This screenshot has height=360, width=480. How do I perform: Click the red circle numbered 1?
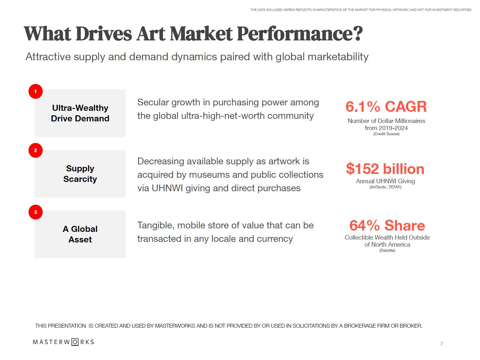click(36, 92)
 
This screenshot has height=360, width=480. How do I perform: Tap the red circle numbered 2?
click(36, 150)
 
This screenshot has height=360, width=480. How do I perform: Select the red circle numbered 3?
click(36, 212)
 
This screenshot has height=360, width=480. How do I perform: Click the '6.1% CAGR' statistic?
click(386, 107)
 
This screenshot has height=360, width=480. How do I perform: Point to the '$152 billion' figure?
click(385, 169)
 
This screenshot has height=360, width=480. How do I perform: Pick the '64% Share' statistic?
click(387, 225)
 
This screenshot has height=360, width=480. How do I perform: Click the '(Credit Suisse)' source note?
click(386, 134)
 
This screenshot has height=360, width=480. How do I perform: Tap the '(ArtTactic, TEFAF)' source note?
click(385, 187)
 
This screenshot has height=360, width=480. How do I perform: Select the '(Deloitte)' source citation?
click(387, 250)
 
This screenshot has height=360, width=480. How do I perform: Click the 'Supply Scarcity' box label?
click(80, 174)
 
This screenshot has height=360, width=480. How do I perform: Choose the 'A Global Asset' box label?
click(80, 234)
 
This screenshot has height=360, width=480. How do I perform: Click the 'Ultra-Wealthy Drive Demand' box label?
click(80, 113)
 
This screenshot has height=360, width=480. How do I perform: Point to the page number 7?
click(442, 344)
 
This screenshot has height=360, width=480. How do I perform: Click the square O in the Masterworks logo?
click(75, 342)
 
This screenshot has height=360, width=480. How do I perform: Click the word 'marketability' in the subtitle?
click(338, 57)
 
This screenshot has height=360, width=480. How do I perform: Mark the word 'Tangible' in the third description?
click(156, 225)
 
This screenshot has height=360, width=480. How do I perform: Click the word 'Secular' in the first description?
click(153, 102)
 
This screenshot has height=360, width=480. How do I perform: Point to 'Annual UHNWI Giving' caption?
click(385, 181)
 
